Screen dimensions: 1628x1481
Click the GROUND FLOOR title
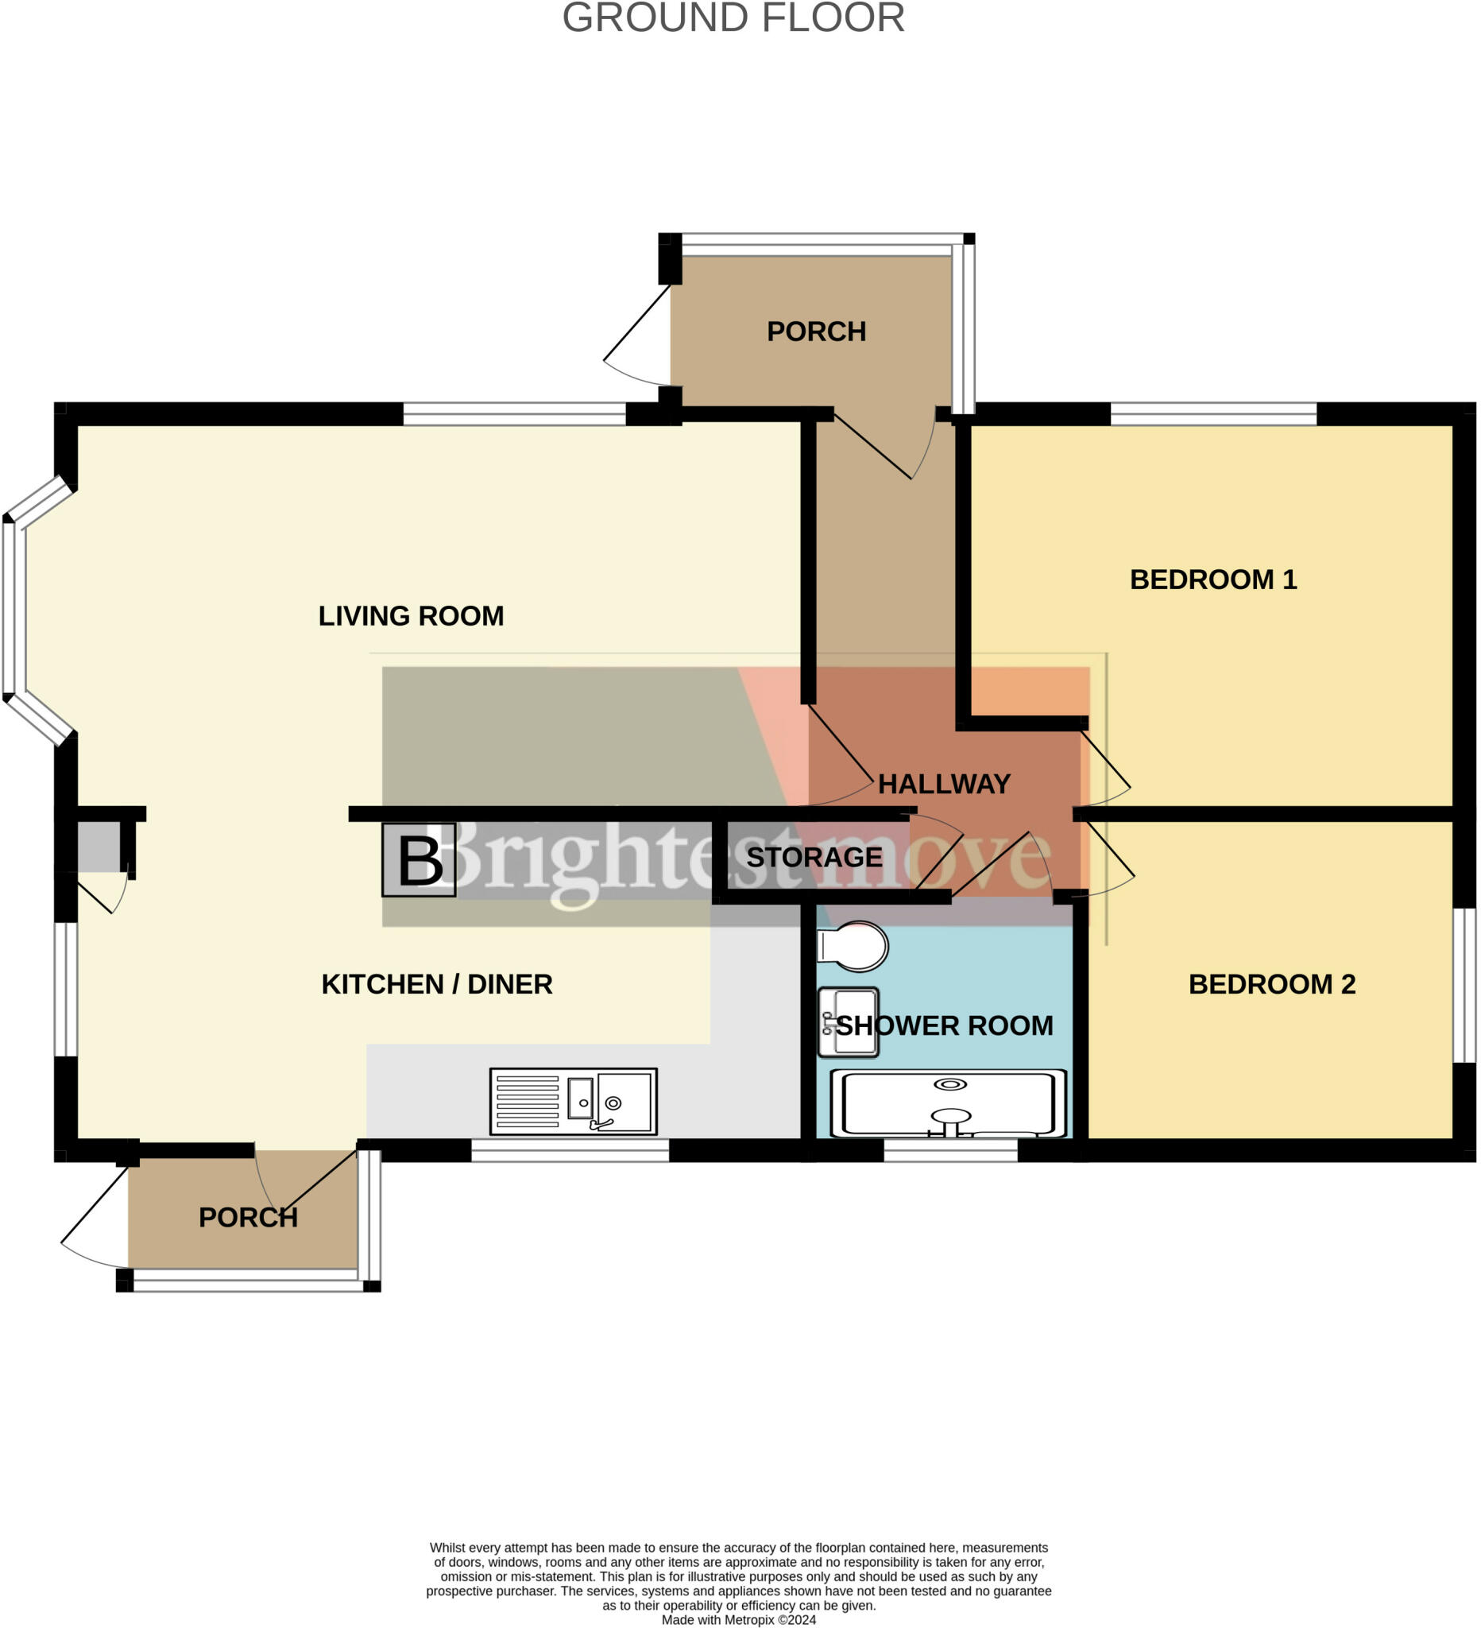pos(733,17)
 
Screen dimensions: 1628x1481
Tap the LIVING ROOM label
pos(411,616)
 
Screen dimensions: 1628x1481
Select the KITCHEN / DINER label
pos(437,984)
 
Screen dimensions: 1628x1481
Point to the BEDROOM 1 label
pos(1212,579)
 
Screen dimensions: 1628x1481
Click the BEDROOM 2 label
pos(1271,984)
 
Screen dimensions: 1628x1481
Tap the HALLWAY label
pos(943,784)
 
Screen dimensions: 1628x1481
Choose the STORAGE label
pos(814,858)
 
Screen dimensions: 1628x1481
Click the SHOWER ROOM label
pos(943,1026)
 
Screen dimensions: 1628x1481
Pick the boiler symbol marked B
pos(419,861)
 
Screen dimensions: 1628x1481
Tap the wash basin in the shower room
pos(848,1022)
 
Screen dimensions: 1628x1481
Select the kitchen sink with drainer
pos(573,1102)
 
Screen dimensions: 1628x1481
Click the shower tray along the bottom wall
pos(949,1104)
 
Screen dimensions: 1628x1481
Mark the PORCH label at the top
pos(816,332)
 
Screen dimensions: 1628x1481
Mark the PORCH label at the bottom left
pos(248,1218)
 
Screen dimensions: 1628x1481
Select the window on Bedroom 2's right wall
pos(1464,985)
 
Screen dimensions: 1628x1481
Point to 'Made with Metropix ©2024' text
pos(737,1619)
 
